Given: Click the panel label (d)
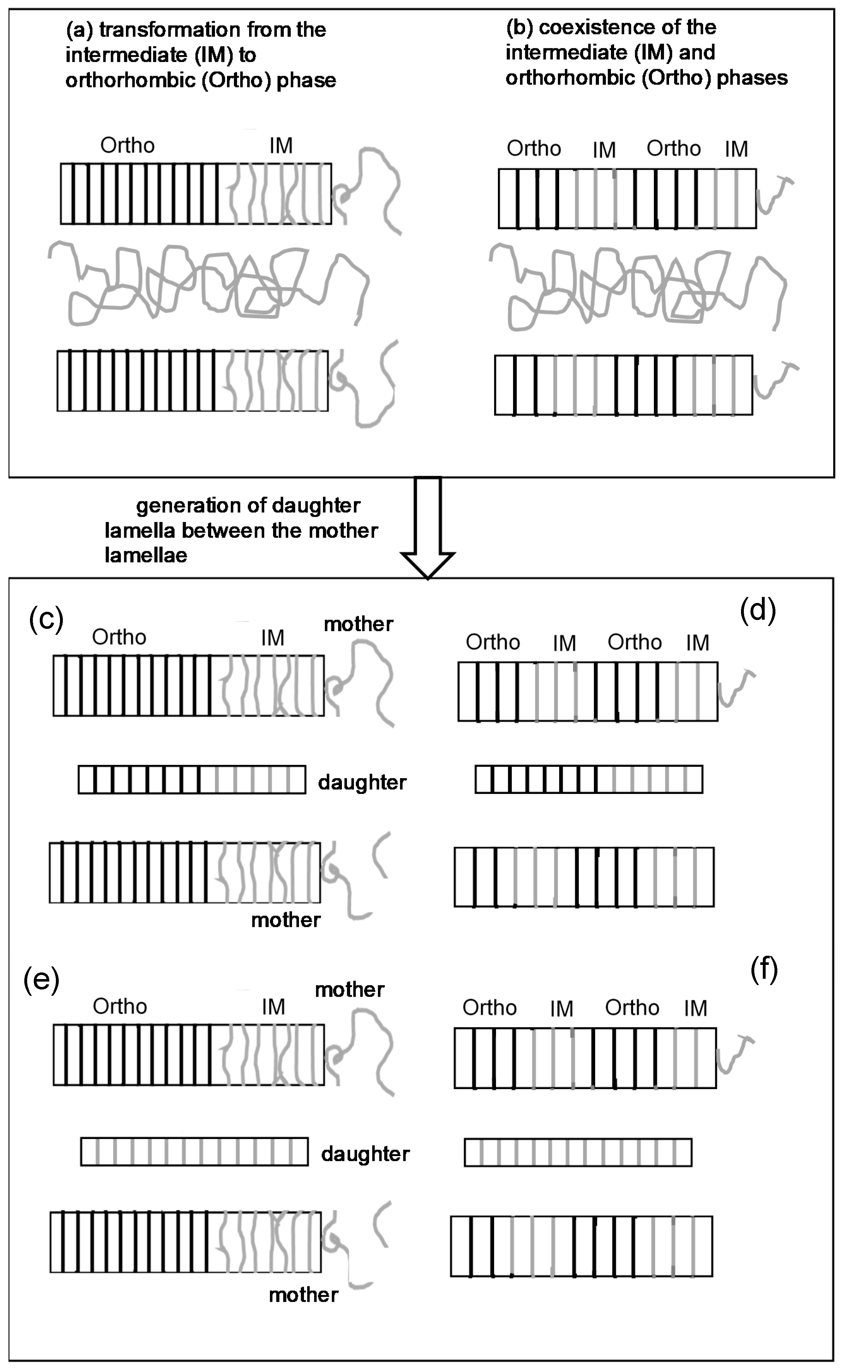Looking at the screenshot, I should click(758, 610).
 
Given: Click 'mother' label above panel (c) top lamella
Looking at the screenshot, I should click(358, 624).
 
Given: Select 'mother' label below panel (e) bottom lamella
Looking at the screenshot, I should click(303, 1295).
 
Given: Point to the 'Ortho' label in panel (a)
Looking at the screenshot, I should click(127, 145).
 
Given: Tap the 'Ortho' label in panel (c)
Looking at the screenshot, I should click(119, 637).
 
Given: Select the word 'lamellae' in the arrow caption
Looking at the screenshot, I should click(146, 555).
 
